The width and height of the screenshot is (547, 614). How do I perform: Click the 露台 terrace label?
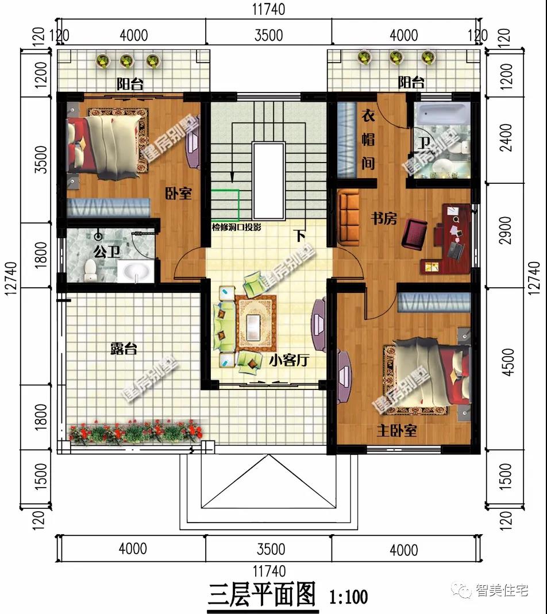pos(124,348)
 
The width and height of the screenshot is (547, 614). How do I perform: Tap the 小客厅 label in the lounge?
pos(289,360)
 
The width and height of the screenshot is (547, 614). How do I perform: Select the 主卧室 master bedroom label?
pos(396,431)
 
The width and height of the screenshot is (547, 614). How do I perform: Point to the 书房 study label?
pos(384,218)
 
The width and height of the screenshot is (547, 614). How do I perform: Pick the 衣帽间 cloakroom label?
pos(368,140)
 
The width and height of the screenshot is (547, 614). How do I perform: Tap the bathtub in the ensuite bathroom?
pos(442,113)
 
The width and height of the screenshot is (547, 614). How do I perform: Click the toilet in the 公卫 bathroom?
pos(90,270)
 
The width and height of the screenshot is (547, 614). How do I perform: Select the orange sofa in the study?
pos(348,218)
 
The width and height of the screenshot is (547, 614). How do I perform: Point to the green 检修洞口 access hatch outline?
pos(225,205)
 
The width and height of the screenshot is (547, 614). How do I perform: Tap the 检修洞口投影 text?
pos(236,227)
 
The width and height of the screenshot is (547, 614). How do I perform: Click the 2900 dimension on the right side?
pos(506,230)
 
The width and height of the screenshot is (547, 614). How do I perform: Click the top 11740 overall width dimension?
pos(268,9)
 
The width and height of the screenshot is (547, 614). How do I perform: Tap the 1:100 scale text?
pos(348,597)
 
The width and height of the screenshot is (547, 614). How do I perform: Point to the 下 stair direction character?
pos(300,236)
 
